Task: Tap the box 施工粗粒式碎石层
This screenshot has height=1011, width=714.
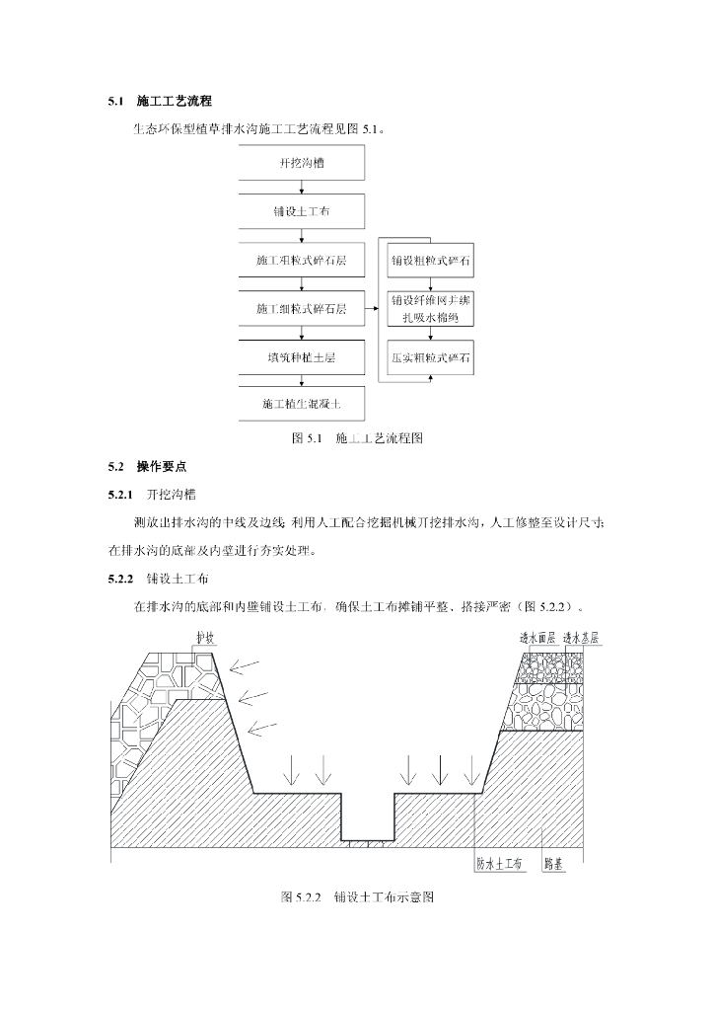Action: [x=302, y=261]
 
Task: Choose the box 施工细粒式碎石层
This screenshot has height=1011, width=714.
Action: [x=302, y=309]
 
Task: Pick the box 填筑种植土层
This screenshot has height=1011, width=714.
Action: [x=302, y=357]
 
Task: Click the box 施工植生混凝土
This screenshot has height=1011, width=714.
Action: [x=302, y=404]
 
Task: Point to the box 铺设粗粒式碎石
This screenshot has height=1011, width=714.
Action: [x=429, y=261]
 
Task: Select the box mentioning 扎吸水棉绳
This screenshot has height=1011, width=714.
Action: [x=429, y=309]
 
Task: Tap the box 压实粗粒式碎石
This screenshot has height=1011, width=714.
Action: [x=429, y=357]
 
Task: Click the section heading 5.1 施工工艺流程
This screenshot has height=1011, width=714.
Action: [x=160, y=103]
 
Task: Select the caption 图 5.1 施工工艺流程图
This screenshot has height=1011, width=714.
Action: [x=357, y=437]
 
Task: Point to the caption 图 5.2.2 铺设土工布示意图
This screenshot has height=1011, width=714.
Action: [x=357, y=897]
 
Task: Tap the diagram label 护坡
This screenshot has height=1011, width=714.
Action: [x=205, y=639]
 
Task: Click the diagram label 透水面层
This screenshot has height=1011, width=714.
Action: [x=538, y=639]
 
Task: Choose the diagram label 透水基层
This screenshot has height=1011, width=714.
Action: [x=582, y=639]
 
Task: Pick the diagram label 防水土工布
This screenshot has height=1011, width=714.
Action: [x=499, y=863]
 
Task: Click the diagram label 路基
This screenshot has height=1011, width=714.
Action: [x=554, y=863]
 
